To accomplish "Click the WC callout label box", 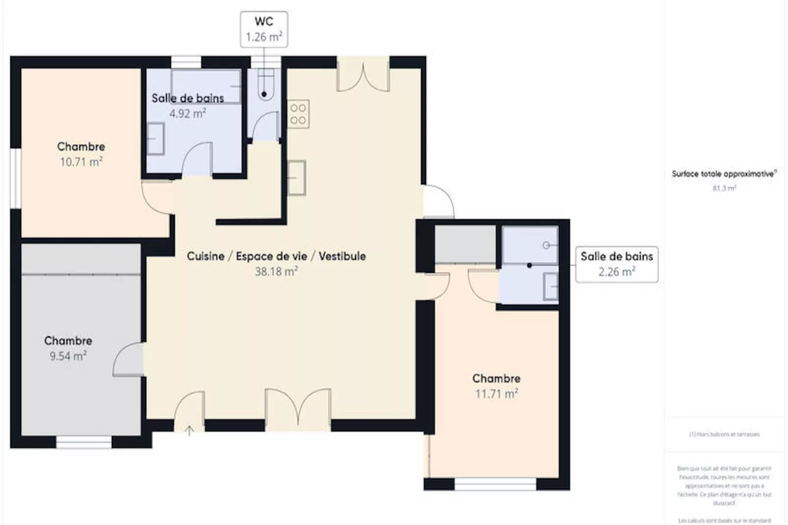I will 264,29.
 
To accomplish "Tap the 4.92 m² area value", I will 187,114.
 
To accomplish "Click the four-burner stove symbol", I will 298,114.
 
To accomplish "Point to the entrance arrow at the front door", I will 189,430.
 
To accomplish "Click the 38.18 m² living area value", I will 276,271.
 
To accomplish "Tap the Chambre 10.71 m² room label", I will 81,147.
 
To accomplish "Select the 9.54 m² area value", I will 68,356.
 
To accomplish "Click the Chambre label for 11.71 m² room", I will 496,378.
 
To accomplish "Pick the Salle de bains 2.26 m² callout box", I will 617,264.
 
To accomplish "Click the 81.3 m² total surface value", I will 724,188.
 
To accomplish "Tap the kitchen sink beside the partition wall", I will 297,178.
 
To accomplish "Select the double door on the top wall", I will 363,75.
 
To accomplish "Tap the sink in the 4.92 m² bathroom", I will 156,139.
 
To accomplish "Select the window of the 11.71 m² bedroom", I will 495,484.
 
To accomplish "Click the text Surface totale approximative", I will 723,174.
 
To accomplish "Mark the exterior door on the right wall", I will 438,201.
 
